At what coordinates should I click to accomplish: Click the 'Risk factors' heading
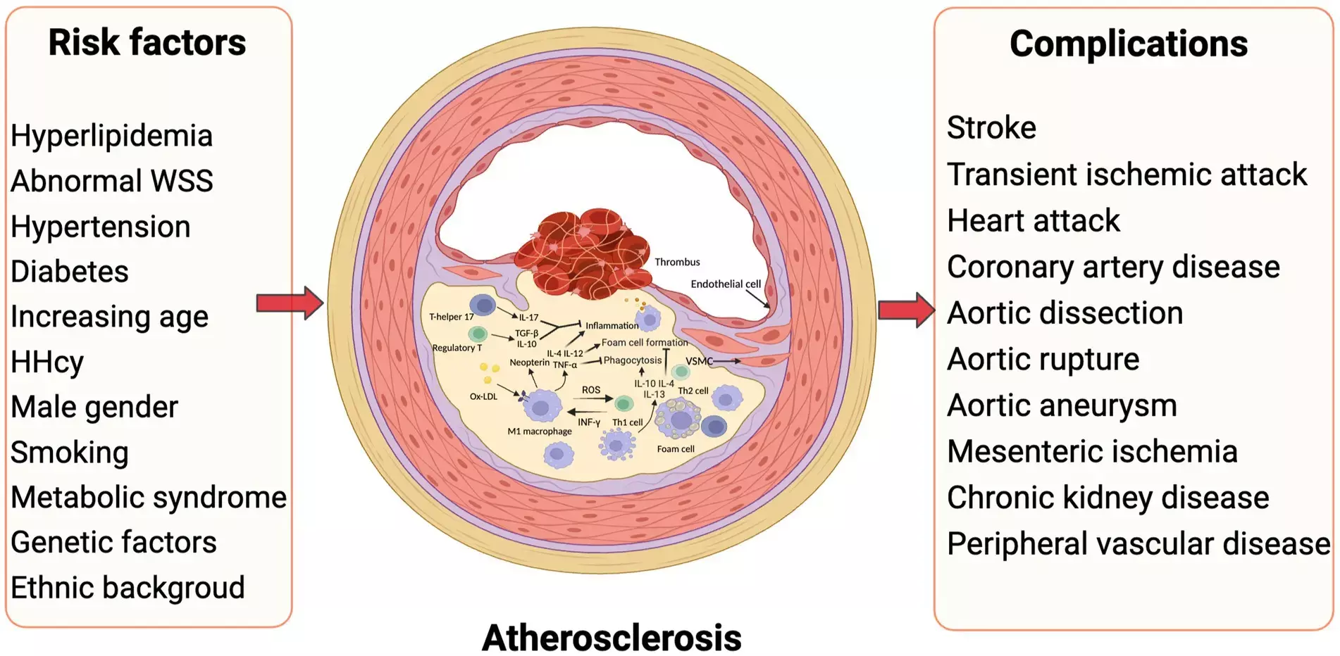click(147, 42)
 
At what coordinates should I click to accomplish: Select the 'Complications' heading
click(1128, 44)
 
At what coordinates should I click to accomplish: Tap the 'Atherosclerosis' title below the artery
click(612, 638)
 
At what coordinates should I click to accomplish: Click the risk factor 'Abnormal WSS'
click(111, 181)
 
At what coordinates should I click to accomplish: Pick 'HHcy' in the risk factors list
click(47, 362)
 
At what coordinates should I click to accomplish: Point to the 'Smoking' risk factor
click(69, 452)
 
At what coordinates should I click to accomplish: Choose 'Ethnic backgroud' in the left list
click(128, 588)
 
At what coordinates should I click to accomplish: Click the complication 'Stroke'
click(991, 127)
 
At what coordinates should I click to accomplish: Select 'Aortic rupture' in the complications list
click(1043, 359)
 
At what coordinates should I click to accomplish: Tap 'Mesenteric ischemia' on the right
click(1092, 451)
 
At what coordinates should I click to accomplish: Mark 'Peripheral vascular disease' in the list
click(1139, 543)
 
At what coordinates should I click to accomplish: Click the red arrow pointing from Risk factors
click(290, 303)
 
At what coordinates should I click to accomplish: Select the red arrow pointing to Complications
click(906, 310)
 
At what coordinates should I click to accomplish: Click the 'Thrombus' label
click(677, 262)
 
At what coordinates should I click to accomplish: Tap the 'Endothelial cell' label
click(726, 284)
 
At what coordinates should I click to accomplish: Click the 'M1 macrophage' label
click(540, 431)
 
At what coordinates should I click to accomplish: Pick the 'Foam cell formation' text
click(645, 342)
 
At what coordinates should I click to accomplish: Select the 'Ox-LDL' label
click(483, 396)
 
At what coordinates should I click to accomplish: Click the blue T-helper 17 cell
click(483, 305)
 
